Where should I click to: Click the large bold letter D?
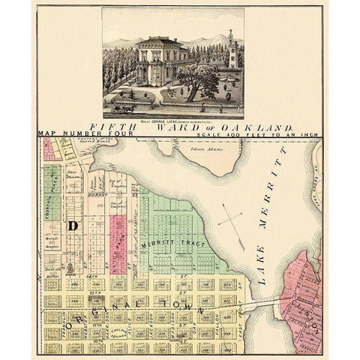point(73,224)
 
